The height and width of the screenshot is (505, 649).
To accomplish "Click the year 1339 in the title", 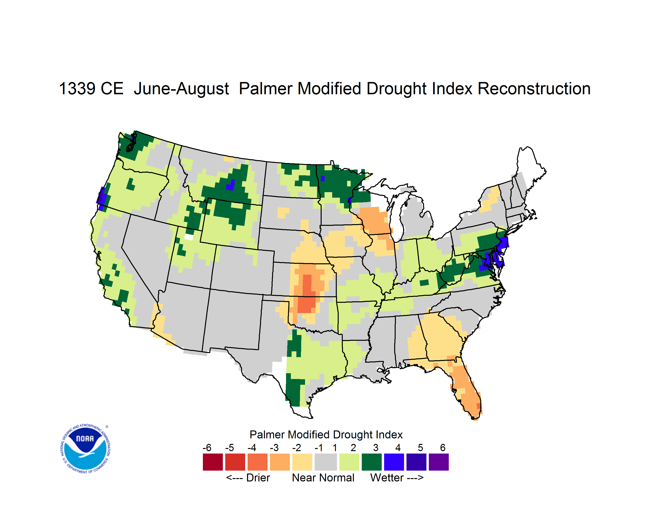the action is pos(77,88).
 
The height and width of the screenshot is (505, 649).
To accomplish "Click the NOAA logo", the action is pos(85,449).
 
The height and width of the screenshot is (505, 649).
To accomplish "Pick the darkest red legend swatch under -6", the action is pos(213,462).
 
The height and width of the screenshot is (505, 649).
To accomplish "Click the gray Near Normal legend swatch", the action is pos(326,462).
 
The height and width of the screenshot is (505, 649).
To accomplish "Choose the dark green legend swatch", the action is pos(371,462).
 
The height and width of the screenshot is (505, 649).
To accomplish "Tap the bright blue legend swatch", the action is pos(394,462).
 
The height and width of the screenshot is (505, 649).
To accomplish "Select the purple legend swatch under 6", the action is pos(439,462).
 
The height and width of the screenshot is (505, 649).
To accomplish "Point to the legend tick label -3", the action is pos(274,448).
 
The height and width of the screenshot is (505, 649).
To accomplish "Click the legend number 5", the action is pos(420,448).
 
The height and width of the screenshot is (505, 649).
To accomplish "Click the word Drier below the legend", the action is pos(258,478).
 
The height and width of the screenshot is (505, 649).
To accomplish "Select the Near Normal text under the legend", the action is pos(323,478).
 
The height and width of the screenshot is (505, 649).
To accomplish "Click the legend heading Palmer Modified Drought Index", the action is pos(326,435).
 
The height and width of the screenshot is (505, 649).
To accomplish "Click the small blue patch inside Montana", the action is pos(231,185).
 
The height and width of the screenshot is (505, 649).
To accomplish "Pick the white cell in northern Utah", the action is pos(189,237).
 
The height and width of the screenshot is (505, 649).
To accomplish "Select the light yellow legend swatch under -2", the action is pos(302,462).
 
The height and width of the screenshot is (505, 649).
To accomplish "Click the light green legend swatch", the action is pos(349,462).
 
